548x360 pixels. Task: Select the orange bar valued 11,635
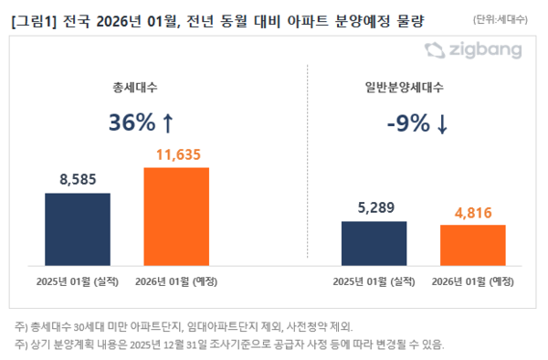coord(176,216)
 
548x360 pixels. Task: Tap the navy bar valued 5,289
coord(374,242)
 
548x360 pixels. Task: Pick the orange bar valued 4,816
coord(472,244)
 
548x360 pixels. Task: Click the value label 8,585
coord(78,179)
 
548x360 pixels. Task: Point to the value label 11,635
coord(176,154)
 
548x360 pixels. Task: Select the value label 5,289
coord(374,207)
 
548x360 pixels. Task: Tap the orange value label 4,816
coord(472,211)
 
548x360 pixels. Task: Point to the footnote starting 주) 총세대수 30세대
coord(183,325)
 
